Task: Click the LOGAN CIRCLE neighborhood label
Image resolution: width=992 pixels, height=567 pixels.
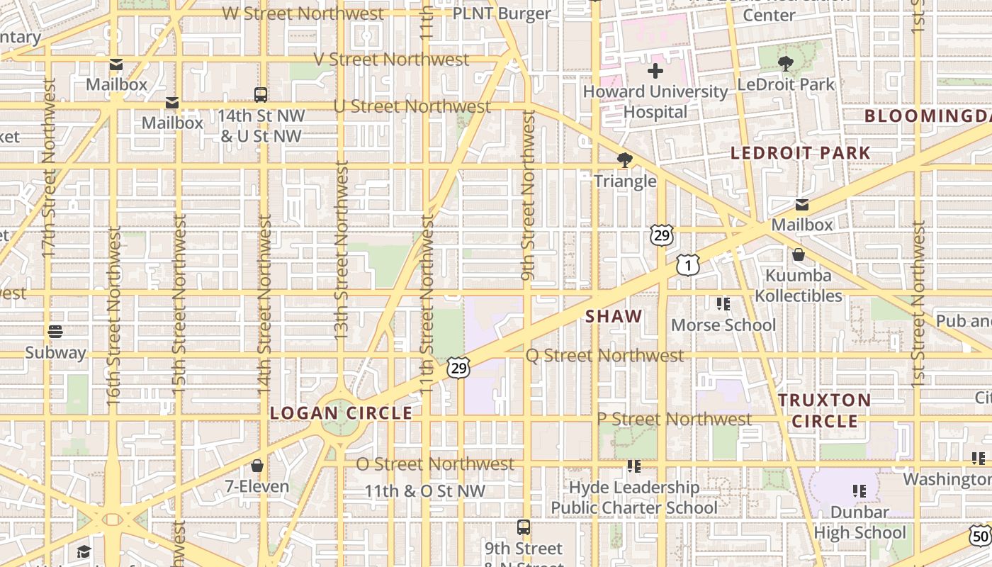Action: (x=341, y=412)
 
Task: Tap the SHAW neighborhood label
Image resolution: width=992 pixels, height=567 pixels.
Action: (x=614, y=317)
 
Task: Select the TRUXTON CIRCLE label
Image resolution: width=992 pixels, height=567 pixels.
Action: (x=825, y=410)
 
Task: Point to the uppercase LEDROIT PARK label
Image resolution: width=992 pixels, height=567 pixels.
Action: (x=800, y=152)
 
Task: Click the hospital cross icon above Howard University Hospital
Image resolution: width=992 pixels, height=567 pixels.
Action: (x=655, y=71)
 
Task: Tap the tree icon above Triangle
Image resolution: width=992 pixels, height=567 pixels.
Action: (x=624, y=160)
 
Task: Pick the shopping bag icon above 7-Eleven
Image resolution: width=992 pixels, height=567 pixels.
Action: (x=257, y=466)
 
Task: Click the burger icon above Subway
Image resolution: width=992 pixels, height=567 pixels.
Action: (x=55, y=332)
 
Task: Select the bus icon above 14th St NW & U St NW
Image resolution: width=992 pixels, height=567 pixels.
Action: (x=261, y=94)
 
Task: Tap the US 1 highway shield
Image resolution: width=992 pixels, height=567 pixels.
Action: (x=688, y=265)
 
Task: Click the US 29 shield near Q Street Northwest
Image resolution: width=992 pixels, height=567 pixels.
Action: (x=458, y=368)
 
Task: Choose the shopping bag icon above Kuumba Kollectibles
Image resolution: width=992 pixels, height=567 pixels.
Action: (x=799, y=254)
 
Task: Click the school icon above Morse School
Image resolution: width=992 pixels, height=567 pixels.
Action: (x=723, y=304)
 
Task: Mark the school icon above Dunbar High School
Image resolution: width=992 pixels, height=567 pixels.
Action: (x=859, y=490)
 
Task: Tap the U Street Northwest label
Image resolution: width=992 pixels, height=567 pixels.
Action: (x=412, y=106)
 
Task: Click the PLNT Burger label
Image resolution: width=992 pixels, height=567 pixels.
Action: (x=502, y=13)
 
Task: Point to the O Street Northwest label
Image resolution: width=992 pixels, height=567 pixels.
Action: (x=435, y=464)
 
